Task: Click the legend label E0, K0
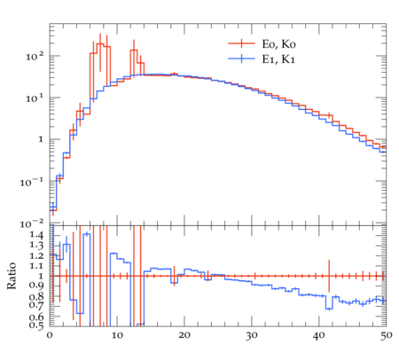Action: coord(278,44)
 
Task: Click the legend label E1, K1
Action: coord(278,59)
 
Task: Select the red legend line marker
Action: coord(241,43)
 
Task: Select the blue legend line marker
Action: coord(241,59)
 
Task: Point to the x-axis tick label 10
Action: coord(117,335)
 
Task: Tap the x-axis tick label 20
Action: coord(184,335)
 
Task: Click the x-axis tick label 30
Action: coord(252,335)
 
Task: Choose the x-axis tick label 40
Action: coord(319,335)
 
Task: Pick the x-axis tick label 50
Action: coord(386,335)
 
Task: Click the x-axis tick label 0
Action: coord(50,335)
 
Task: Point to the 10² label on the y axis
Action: coord(35,56)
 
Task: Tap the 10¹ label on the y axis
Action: coord(35,98)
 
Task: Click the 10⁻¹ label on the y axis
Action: coord(32,182)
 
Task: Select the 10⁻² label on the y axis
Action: coord(32,224)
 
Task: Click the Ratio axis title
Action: coord(12,276)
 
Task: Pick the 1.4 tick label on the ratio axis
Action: coord(36,235)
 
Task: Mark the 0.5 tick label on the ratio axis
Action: coord(36,325)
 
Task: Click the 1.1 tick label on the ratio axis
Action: coord(36,266)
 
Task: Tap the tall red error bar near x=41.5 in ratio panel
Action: coord(329,276)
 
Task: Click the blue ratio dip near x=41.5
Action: coord(329,309)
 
